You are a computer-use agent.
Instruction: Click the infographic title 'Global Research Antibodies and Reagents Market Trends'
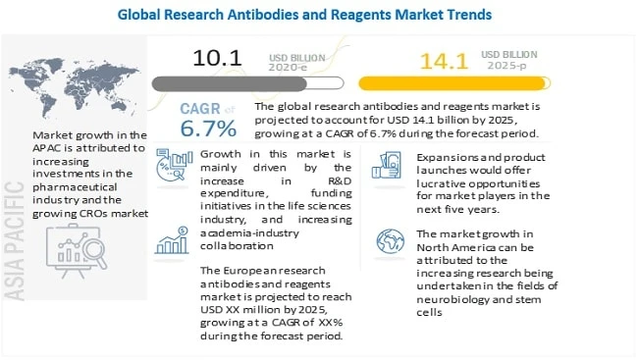pos(318,15)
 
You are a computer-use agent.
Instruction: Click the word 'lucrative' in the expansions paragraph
pos(443,184)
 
